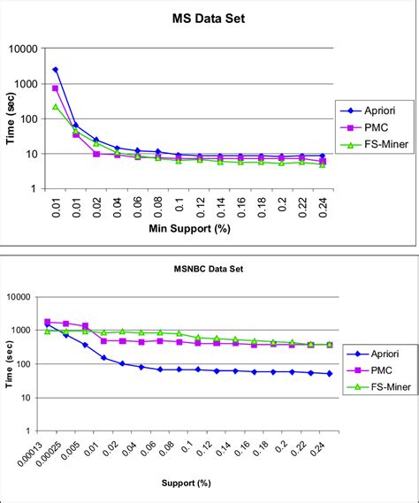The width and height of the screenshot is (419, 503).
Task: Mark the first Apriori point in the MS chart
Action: (55, 70)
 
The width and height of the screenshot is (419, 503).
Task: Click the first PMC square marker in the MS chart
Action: (55, 88)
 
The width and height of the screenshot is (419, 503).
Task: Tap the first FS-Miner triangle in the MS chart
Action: (55, 107)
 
